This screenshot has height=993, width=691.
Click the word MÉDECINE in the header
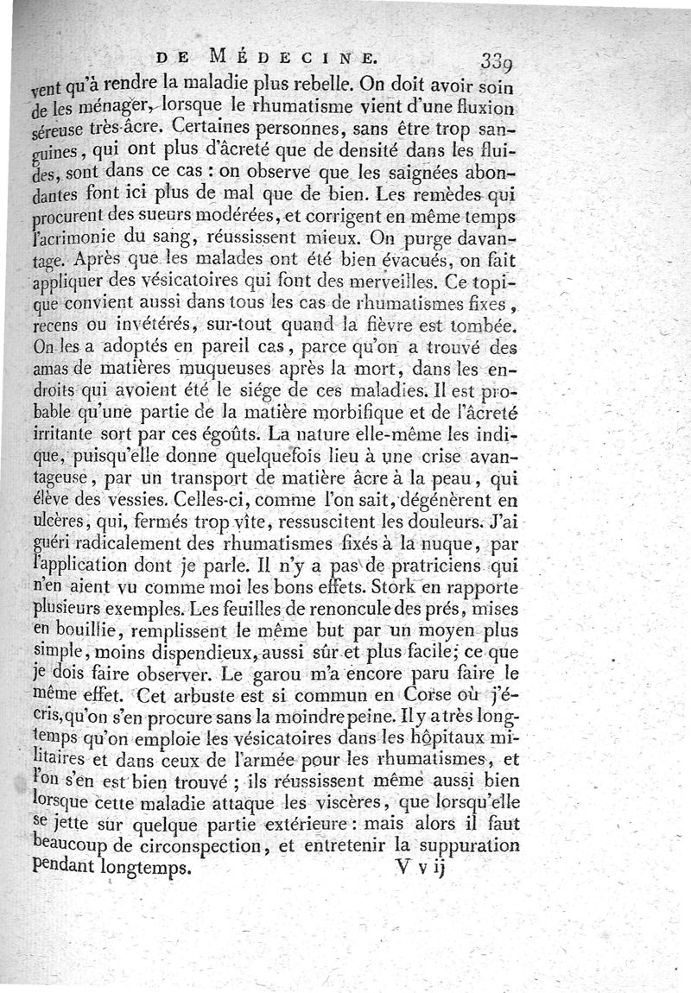pos(293,59)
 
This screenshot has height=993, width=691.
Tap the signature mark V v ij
pos(422,867)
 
